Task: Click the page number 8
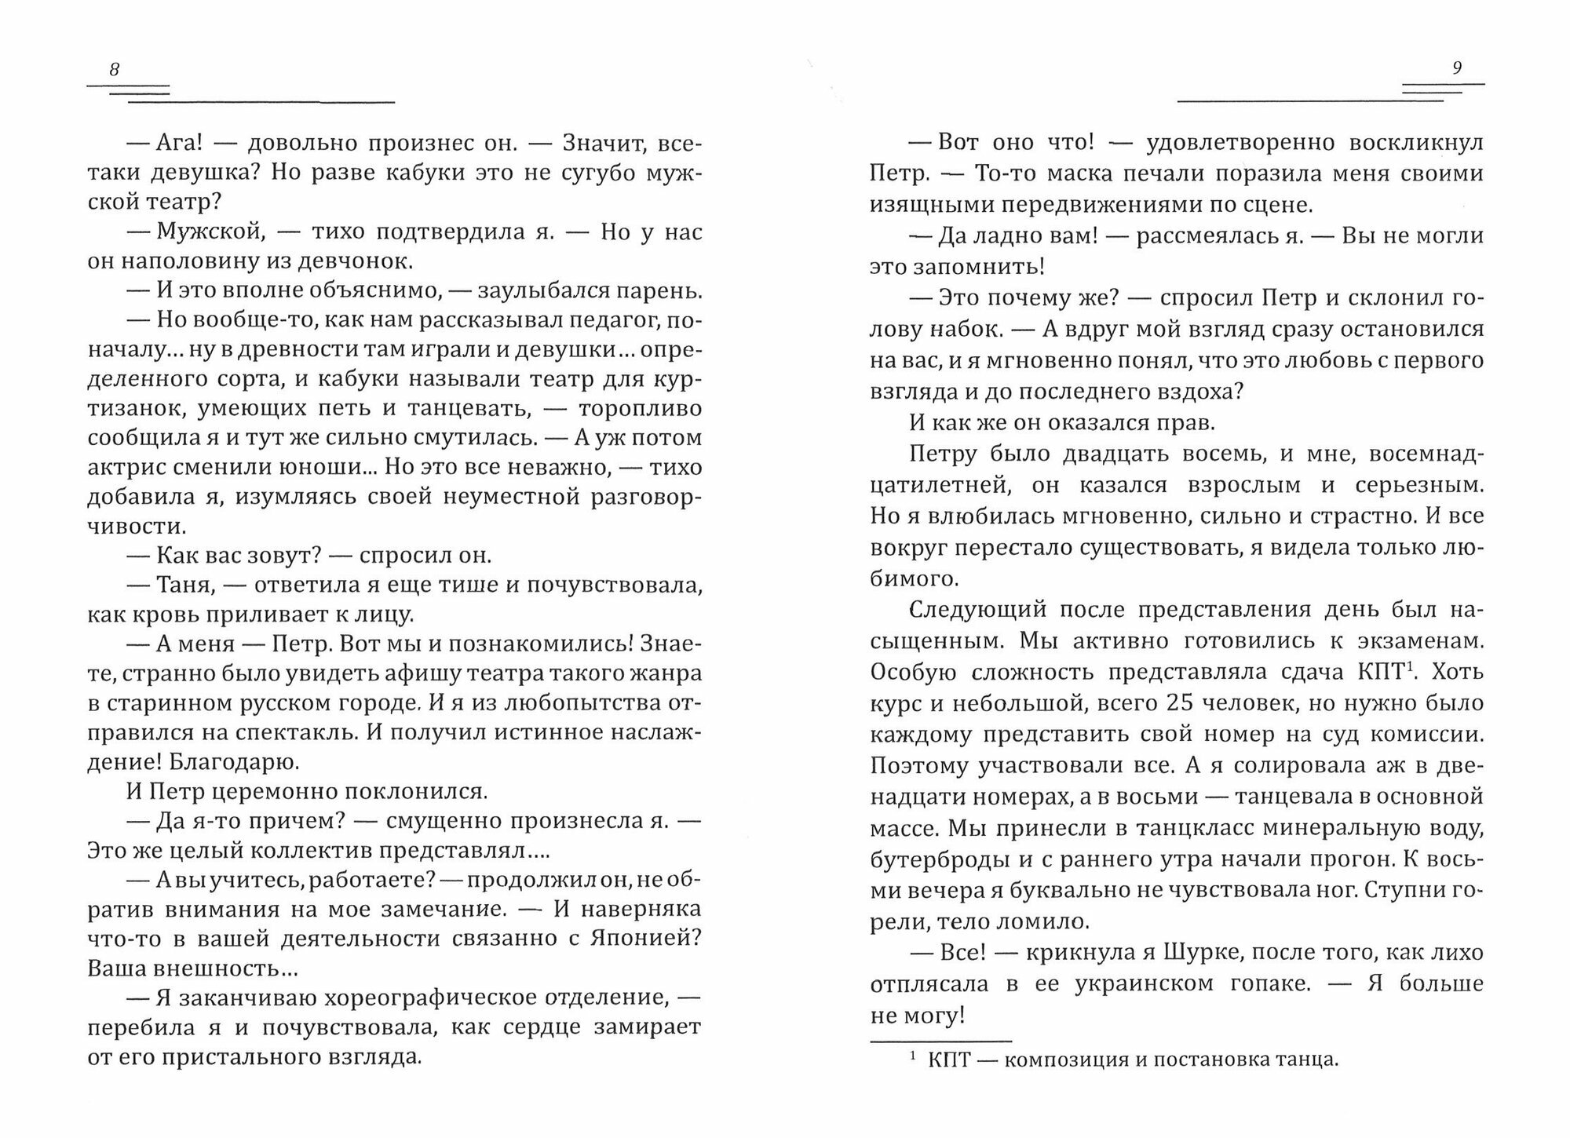click(x=115, y=69)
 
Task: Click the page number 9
click(x=1457, y=68)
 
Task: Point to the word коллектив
click(x=325, y=851)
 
